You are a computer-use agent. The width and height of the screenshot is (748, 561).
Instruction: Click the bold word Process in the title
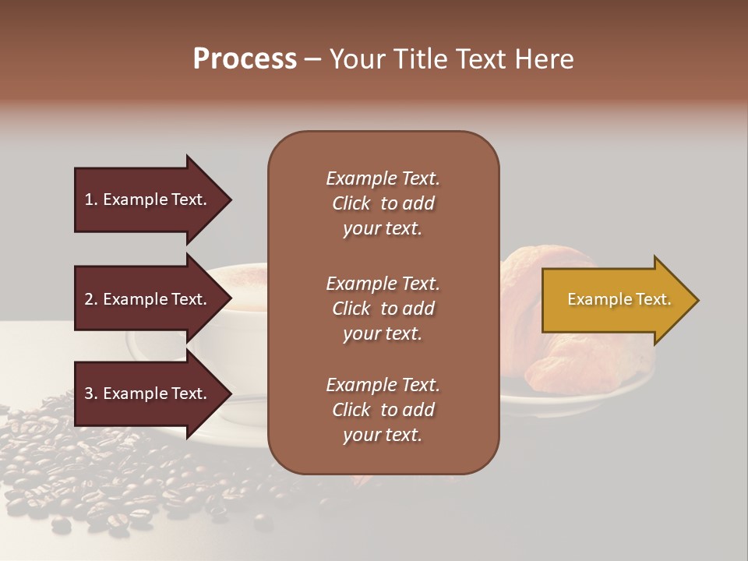(x=245, y=59)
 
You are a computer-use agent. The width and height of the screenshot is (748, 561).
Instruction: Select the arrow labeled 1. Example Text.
(x=148, y=199)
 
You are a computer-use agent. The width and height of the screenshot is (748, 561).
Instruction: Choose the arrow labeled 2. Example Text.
(x=148, y=299)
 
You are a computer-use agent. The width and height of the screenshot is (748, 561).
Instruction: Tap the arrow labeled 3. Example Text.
(x=148, y=393)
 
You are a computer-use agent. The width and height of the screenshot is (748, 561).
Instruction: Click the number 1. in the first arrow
(x=91, y=199)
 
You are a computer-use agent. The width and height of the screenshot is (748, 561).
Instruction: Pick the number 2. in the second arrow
(x=91, y=299)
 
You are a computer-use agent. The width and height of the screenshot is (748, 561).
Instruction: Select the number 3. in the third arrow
(x=91, y=393)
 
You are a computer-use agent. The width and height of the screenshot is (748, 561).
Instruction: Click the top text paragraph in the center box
(x=383, y=203)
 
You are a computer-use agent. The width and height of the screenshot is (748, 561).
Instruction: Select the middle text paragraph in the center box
(x=383, y=309)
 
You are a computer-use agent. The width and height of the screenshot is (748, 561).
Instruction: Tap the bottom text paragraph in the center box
(x=383, y=410)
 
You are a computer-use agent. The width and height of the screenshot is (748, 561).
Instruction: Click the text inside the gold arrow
(x=619, y=300)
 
